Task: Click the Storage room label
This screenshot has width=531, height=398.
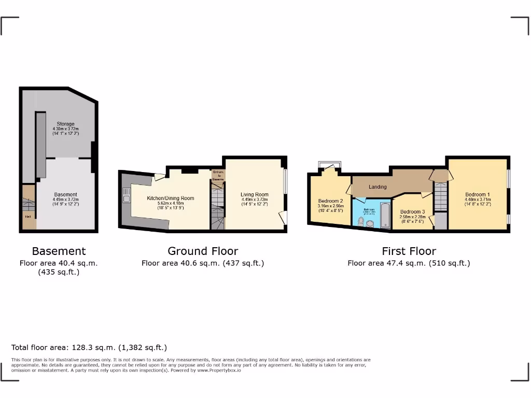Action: [65, 124]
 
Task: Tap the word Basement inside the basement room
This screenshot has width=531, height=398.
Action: [66, 195]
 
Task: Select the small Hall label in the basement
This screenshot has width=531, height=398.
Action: [26, 217]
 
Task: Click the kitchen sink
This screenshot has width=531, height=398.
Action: [125, 196]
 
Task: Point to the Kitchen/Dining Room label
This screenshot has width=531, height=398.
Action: [170, 198]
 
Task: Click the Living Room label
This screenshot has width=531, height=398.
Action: [255, 195]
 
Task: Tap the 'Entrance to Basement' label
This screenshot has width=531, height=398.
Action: [218, 176]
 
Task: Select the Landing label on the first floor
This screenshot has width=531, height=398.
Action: [378, 187]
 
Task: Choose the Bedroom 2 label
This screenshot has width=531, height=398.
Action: [330, 201]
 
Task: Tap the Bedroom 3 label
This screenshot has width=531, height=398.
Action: [412, 211]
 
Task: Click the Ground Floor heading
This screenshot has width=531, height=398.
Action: [203, 251]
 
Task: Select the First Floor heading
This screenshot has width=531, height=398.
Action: [409, 251]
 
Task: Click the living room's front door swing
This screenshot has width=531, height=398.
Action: [282, 218]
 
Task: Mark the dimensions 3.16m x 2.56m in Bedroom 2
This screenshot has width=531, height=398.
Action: [330, 206]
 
